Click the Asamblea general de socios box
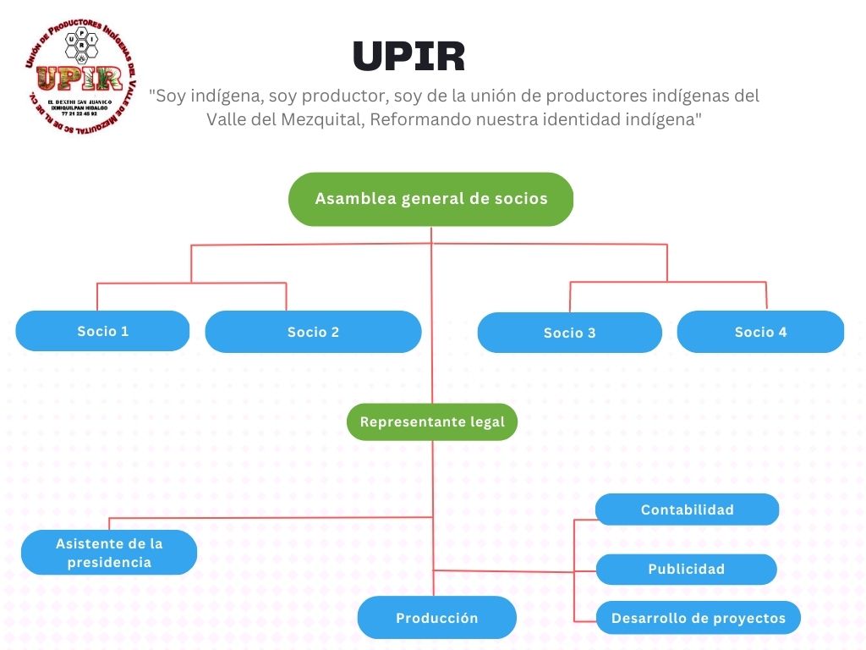click(x=431, y=200)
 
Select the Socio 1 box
click(x=102, y=331)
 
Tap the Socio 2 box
click(x=313, y=332)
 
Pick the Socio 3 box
click(x=569, y=333)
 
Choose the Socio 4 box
click(x=760, y=332)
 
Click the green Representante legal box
click(x=432, y=421)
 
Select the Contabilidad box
click(x=687, y=510)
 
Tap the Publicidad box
click(x=686, y=569)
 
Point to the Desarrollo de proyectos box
click(x=698, y=618)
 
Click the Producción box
click(x=436, y=618)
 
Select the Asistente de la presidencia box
click(x=109, y=553)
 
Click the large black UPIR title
click(x=408, y=57)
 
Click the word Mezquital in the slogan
click(x=323, y=119)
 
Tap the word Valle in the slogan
click(x=226, y=119)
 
